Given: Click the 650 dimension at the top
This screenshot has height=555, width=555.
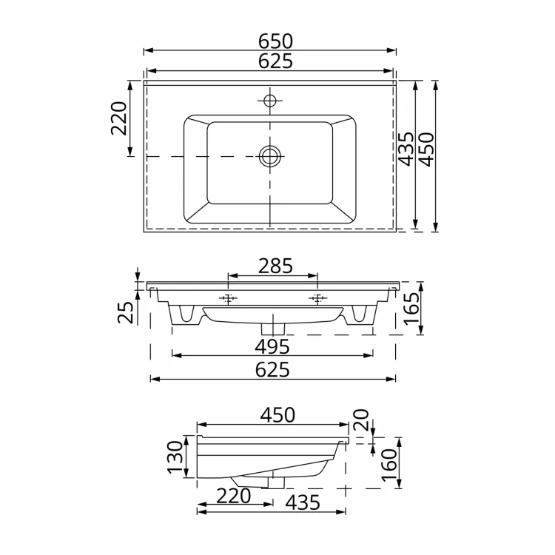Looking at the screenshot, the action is [x=275, y=41].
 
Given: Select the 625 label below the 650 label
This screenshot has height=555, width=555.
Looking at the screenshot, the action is [x=275, y=61].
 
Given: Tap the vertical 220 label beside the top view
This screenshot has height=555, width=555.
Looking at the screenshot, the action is [x=119, y=118].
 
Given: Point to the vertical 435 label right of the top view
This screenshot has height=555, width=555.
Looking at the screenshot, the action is [x=406, y=149].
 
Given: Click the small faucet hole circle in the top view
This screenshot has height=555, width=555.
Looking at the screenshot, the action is [x=270, y=101].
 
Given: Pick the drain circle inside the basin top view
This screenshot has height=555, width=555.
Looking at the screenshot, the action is [x=270, y=156].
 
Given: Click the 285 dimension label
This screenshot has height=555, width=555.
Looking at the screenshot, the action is [x=275, y=266].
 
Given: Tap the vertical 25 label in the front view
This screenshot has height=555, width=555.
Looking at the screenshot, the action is [x=126, y=312].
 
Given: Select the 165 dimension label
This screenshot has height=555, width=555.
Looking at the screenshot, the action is [x=412, y=309].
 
